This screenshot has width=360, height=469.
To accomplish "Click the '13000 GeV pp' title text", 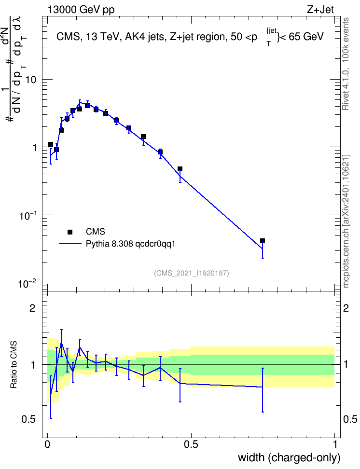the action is tap(81, 10).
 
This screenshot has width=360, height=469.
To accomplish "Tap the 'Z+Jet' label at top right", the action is tap(320, 10).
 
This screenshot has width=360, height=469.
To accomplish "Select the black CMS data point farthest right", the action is tap(263, 241).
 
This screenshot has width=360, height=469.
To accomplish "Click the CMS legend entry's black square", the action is tap(70, 232).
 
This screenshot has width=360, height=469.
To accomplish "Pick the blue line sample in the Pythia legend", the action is tap(70, 244).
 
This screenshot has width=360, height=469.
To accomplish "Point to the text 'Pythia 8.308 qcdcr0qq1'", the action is tap(130, 244).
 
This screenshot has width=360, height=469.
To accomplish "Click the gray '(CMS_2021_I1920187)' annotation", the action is tap(192, 273).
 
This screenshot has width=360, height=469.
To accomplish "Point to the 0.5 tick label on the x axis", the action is tap(191, 444).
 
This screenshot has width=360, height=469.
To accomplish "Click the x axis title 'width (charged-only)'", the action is tap(289, 457).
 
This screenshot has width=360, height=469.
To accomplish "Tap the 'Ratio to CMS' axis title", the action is tap(14, 365).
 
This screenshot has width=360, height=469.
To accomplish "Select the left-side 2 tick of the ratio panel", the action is tap(32, 308).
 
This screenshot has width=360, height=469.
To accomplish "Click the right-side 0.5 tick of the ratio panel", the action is tap(350, 419).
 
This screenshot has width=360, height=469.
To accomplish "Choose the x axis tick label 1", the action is tap(334, 444).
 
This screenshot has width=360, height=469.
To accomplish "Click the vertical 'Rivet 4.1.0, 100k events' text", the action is tap(346, 64).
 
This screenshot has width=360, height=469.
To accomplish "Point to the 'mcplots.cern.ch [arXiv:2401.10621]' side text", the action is tap(346, 221).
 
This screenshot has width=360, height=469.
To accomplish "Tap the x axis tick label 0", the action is tap(47, 444).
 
